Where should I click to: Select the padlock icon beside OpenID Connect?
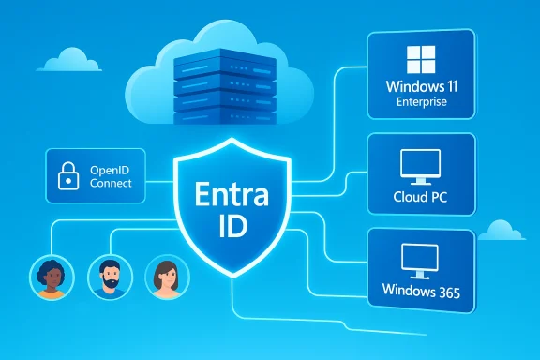point(68,177)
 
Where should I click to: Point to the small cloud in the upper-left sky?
point(70,61)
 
